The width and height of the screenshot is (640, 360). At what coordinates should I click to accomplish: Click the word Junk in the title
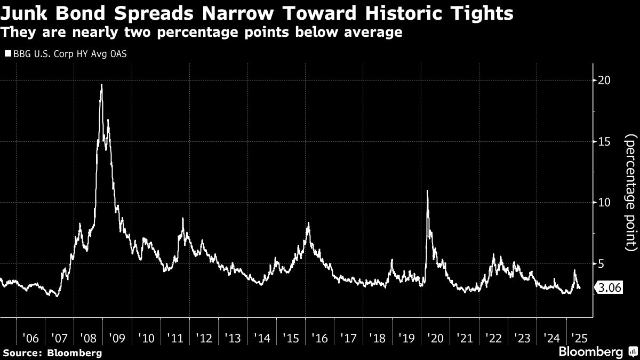point(23,13)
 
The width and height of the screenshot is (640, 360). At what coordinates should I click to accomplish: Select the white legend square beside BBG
point(7,54)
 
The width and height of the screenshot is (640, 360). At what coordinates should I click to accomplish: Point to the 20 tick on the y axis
point(603,80)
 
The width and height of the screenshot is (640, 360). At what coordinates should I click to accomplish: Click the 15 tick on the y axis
point(603,141)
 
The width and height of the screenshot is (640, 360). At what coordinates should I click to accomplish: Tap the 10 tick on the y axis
point(603,203)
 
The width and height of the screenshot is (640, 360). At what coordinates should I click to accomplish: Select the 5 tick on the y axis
point(601,263)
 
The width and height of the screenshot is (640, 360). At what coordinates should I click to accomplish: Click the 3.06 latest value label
point(608,289)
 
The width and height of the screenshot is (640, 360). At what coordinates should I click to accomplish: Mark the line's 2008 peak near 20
point(101,85)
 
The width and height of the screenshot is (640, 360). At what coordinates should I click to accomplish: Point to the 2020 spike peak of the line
point(428,191)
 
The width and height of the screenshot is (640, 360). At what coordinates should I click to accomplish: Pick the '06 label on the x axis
point(31,338)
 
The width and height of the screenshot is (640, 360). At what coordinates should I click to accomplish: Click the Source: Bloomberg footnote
point(52,353)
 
